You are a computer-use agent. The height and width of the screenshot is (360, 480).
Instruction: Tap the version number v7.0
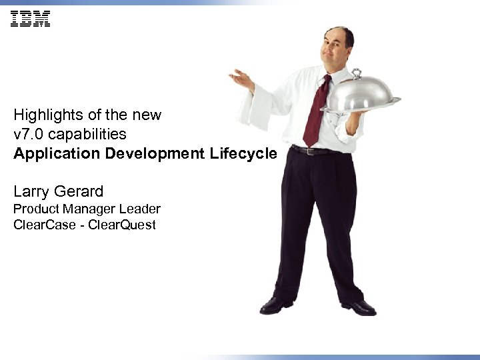(27, 134)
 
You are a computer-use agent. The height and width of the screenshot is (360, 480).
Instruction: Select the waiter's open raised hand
(241, 79)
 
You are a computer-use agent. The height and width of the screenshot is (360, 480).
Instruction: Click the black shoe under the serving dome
(359, 307)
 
